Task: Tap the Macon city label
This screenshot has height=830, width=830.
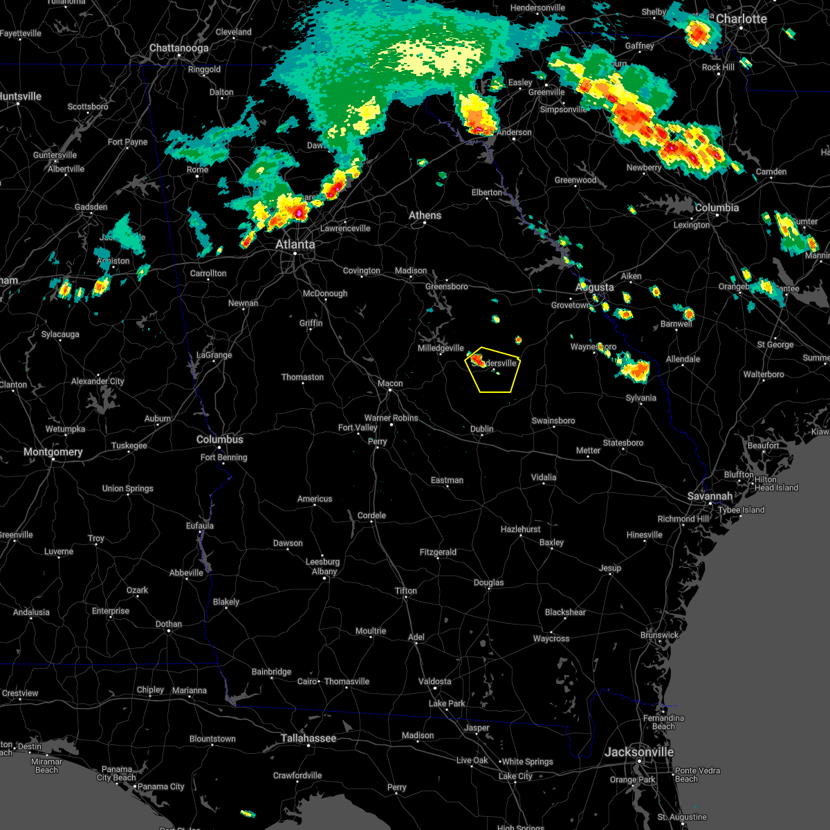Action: (390, 383)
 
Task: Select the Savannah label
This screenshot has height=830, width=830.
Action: (710, 496)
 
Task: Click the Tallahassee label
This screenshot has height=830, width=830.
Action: (308, 738)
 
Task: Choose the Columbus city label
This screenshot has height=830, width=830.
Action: (220, 439)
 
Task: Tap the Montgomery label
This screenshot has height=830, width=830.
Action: (53, 452)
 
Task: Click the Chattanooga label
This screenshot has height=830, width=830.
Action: (179, 48)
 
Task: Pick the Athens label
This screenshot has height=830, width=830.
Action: (425, 215)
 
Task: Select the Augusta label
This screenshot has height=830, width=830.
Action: (595, 287)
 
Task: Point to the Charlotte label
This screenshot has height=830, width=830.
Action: (741, 19)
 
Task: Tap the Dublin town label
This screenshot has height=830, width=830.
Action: (482, 429)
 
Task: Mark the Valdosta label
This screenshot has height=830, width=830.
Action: (435, 681)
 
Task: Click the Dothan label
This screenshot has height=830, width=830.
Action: (169, 624)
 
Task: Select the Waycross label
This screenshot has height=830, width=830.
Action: (551, 638)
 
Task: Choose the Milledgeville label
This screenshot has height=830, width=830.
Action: (441, 348)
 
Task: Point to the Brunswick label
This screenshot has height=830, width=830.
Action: (659, 635)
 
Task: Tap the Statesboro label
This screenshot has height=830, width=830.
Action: (623, 443)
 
